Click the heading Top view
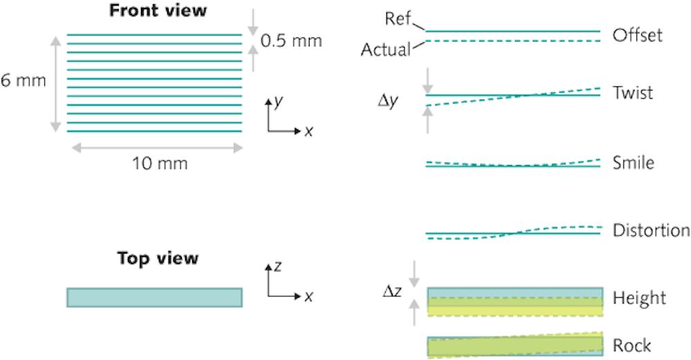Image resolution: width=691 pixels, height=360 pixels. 158,258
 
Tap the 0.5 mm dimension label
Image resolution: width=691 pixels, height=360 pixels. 291,41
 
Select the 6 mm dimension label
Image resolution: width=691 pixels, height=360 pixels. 23,80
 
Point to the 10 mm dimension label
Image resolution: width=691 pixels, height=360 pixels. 160,164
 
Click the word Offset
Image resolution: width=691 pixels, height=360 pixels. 637,35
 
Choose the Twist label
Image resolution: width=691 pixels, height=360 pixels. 632,93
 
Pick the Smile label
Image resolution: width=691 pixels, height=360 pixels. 633,163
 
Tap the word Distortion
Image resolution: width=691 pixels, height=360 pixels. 651,230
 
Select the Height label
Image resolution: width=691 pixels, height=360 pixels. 639,298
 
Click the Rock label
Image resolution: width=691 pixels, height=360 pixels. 632,344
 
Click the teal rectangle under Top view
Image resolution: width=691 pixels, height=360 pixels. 154,297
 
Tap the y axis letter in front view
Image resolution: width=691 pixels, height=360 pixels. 277,102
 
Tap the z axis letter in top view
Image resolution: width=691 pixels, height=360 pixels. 276,267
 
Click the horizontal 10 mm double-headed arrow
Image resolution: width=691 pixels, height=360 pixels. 155,146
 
